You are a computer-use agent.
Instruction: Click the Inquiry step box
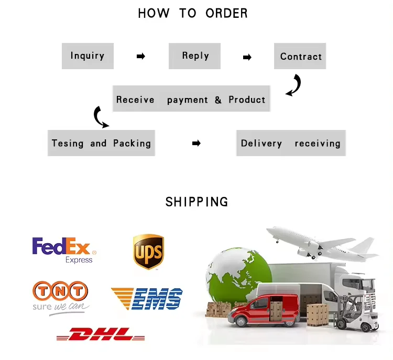tap(88, 56)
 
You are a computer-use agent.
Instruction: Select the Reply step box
tap(195, 56)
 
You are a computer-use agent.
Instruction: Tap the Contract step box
tap(300, 57)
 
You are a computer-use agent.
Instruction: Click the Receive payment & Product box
tap(191, 99)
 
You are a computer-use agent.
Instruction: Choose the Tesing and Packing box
tap(101, 143)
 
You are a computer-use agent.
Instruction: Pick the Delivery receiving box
tap(291, 143)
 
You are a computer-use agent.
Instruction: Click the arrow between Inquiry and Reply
tap(140, 56)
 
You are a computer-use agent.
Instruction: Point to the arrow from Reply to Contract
tap(247, 57)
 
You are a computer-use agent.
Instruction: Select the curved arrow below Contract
tap(294, 85)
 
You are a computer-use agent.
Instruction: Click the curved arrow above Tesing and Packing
tap(100, 117)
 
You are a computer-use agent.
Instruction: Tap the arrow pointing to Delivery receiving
tap(196, 143)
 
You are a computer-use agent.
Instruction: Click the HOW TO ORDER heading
tap(193, 13)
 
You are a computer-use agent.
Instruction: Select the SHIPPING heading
tap(197, 202)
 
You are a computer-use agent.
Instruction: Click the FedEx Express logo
tap(62, 250)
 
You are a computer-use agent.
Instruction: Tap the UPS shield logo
tap(148, 251)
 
